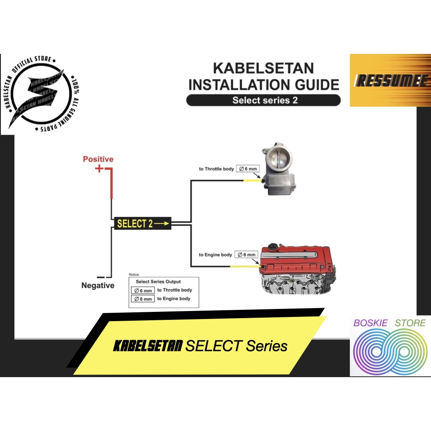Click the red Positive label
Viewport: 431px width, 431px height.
click(x=98, y=159)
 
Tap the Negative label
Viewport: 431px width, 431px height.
click(x=98, y=285)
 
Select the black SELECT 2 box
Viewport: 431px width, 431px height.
click(x=143, y=223)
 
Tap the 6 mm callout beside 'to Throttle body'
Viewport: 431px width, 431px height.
click(x=247, y=169)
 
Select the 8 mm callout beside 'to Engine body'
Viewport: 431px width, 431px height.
click(x=246, y=255)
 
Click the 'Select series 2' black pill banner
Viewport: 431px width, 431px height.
click(x=263, y=100)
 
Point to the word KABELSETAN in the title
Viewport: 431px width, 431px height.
click(x=263, y=68)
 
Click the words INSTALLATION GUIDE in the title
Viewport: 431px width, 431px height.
click(x=263, y=84)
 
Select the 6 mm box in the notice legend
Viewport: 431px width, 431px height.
click(x=142, y=290)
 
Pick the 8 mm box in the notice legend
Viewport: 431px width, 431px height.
click(x=142, y=299)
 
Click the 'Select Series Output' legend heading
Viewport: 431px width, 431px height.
click(x=158, y=282)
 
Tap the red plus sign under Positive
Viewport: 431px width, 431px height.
click(x=99, y=169)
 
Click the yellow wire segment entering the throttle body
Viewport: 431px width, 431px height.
click(x=253, y=181)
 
